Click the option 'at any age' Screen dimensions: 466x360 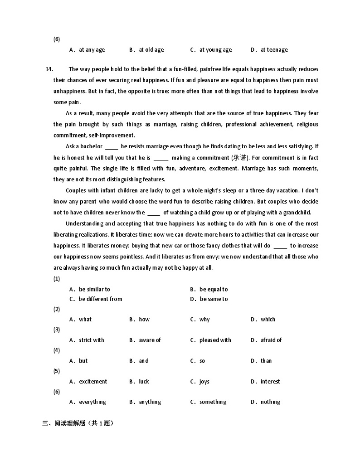click(x=92, y=50)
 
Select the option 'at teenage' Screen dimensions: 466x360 click(x=274, y=50)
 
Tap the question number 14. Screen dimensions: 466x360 click(x=49, y=69)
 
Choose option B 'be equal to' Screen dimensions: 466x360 click(x=214, y=289)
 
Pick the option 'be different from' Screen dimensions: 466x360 click(x=100, y=299)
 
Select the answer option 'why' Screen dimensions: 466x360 click(x=204, y=320)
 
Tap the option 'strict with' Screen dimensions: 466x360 click(x=91, y=340)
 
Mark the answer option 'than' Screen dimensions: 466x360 click(x=266, y=361)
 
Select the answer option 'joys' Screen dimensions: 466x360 click(x=204, y=382)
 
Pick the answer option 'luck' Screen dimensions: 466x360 click(x=144, y=382)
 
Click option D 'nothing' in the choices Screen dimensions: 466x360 click(x=270, y=402)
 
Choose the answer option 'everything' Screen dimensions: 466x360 click(x=92, y=402)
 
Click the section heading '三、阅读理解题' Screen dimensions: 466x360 click(x=78, y=424)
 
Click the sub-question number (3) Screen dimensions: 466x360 click(x=57, y=330)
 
